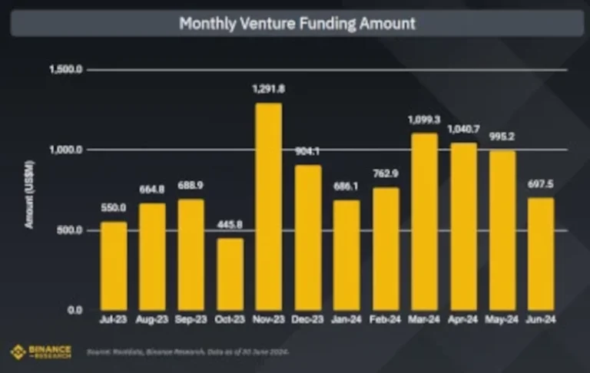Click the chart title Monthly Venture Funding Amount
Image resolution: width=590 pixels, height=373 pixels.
coord(297,23)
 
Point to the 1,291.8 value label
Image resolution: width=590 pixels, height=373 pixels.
coord(269,89)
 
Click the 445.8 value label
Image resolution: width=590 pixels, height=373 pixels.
coord(230,224)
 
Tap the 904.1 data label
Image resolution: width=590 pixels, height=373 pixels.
coord(307,151)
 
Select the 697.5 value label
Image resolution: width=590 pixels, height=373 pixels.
coord(541,184)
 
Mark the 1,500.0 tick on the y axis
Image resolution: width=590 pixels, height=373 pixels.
coord(67,69)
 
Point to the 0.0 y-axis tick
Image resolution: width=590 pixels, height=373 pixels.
coord(75,310)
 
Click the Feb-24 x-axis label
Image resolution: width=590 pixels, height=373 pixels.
coord(386,318)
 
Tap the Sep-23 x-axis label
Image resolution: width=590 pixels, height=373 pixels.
coord(191,318)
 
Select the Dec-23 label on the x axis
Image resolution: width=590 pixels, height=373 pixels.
coord(307,318)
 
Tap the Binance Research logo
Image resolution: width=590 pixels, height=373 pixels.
coord(41,352)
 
